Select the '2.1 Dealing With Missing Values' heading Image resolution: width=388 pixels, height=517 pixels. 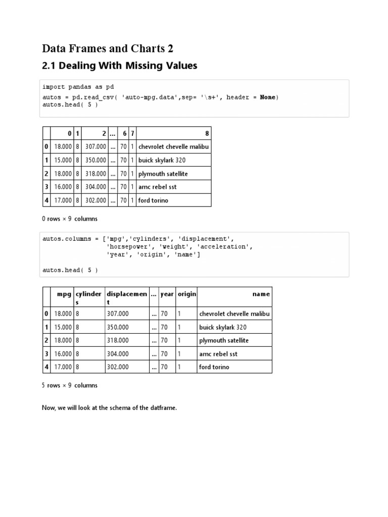(119, 66)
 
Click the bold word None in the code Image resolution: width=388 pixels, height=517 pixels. (268, 97)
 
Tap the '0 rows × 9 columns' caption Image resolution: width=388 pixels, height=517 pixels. (70, 219)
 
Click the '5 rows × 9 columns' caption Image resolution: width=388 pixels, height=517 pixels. (70, 385)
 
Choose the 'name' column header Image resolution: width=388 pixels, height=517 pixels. (261, 294)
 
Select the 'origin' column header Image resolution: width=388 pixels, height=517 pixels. (186, 294)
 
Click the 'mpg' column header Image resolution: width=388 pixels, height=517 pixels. (64, 294)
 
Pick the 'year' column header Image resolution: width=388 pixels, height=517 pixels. (167, 294)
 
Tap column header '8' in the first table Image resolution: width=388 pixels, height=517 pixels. (207, 133)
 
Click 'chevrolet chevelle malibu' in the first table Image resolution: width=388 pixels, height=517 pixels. (173, 147)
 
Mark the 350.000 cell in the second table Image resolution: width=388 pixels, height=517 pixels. (118, 327)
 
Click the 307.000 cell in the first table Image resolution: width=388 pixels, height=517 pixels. (96, 147)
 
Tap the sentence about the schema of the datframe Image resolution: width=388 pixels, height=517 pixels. (109, 407)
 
